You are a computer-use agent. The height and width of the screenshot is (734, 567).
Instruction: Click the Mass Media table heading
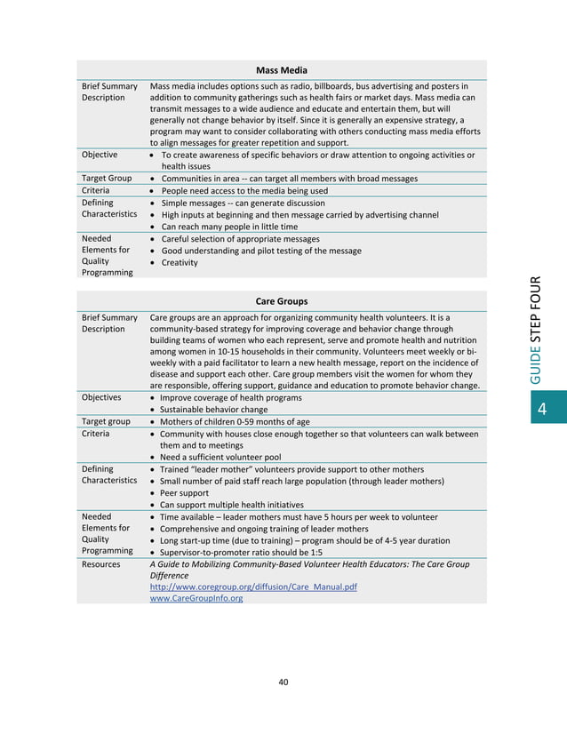pyautogui.click(x=282, y=69)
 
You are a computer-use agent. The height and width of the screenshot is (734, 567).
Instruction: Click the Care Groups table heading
pyautogui.click(x=282, y=301)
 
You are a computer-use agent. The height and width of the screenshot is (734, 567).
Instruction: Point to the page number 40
pyautogui.click(x=283, y=682)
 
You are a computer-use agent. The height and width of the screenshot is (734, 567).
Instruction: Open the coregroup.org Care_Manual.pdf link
pyautogui.click(x=253, y=587)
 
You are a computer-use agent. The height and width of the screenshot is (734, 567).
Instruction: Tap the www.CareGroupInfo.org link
pyautogui.click(x=196, y=598)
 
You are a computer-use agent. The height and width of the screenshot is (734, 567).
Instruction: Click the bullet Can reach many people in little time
pyautogui.click(x=228, y=227)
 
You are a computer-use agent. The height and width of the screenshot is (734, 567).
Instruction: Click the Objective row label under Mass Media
pyautogui.click(x=100, y=155)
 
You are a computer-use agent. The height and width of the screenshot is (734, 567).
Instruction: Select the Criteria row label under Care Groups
pyautogui.click(x=96, y=434)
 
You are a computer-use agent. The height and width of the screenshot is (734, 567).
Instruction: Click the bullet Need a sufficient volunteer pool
pyautogui.click(x=222, y=457)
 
